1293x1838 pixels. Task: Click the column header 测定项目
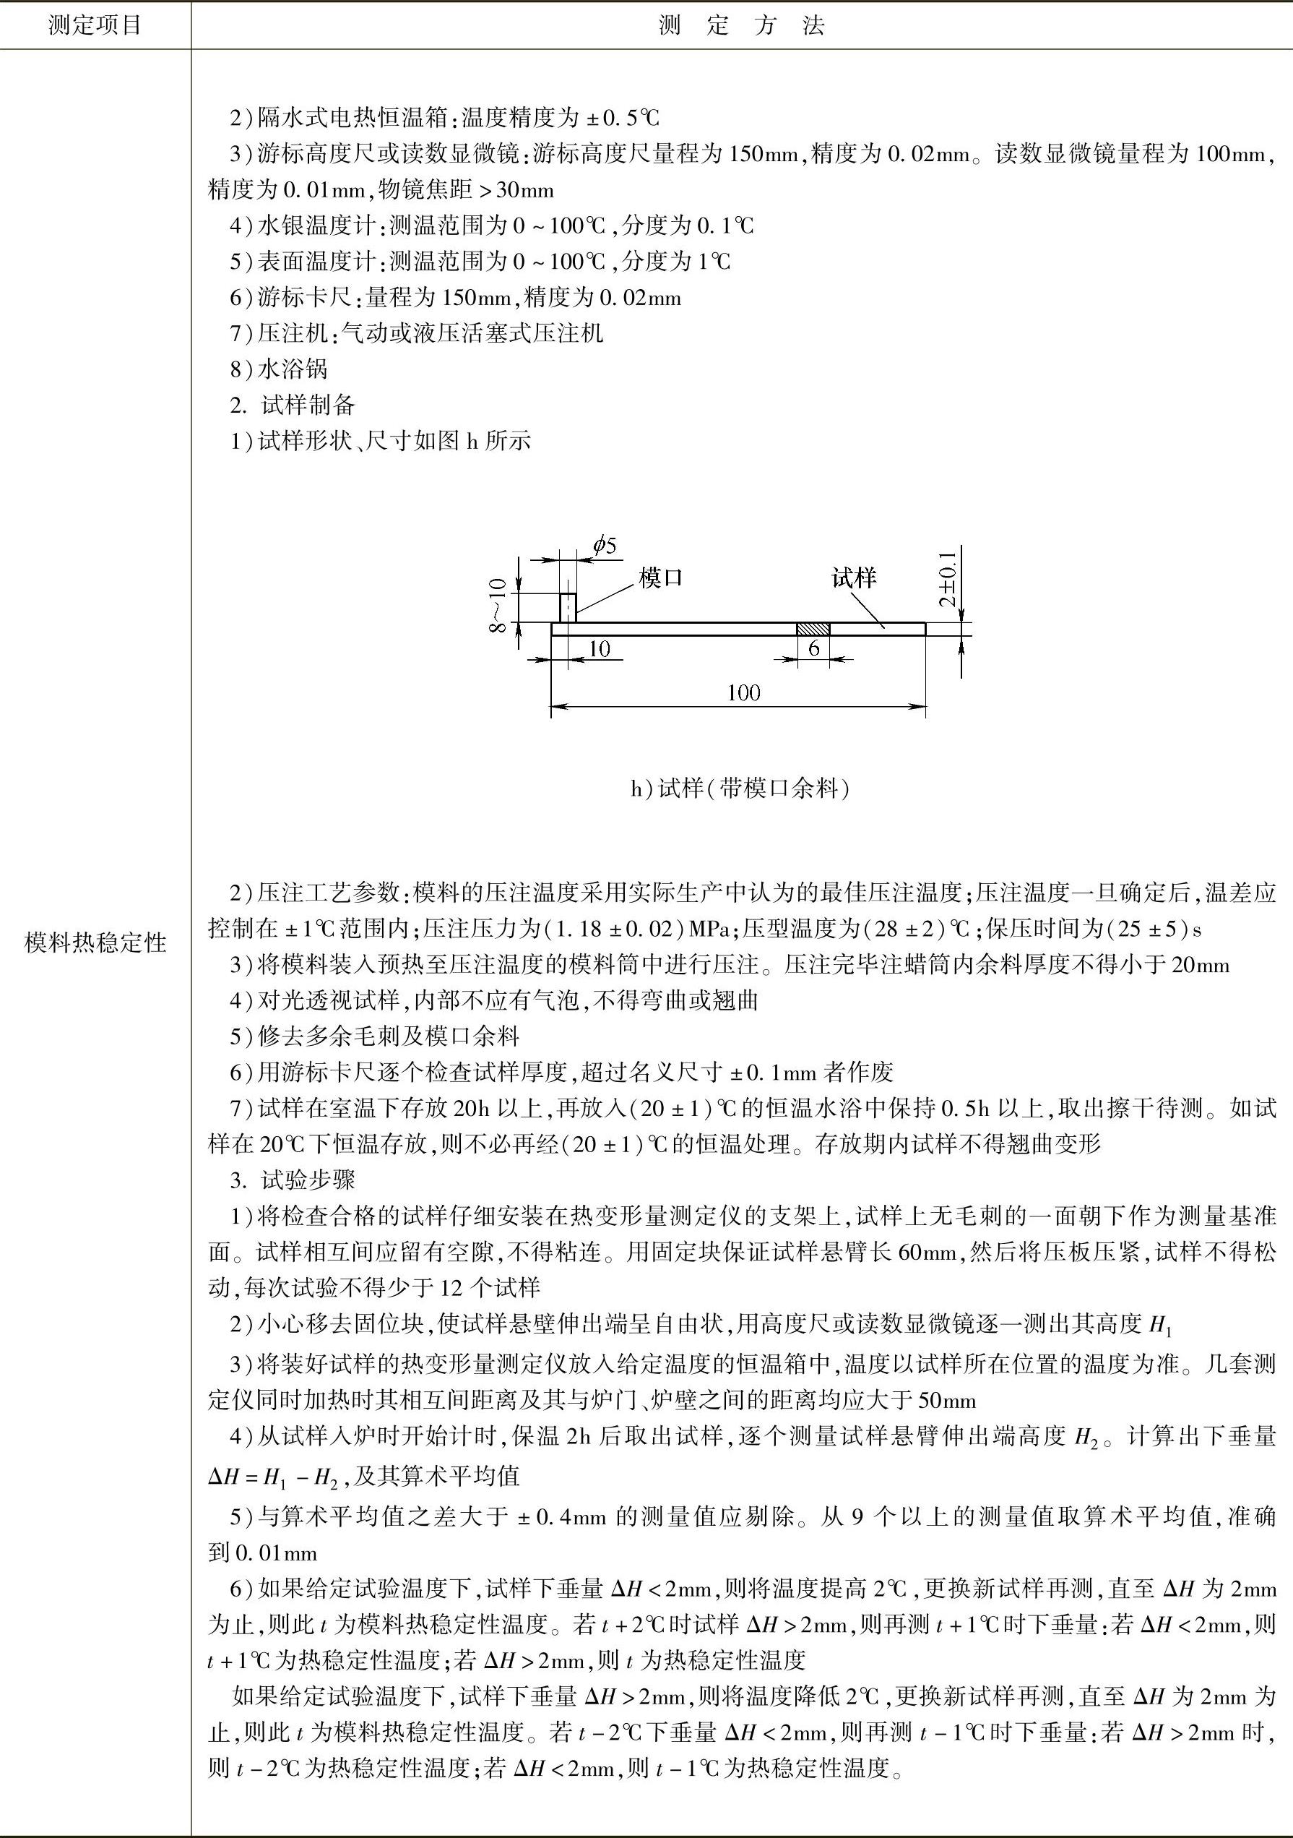pyautogui.click(x=95, y=25)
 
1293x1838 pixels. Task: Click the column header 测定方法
pyautogui.click(x=741, y=25)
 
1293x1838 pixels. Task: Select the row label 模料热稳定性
pyautogui.click(x=95, y=944)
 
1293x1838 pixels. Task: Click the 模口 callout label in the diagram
pyautogui.click(x=661, y=578)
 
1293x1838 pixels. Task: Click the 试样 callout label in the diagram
pyautogui.click(x=854, y=578)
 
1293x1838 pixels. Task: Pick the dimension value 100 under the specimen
pyautogui.click(x=743, y=693)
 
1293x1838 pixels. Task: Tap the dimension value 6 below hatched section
pyautogui.click(x=814, y=648)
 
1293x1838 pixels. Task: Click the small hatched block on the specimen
pyautogui.click(x=813, y=630)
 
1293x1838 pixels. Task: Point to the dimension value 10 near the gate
pyautogui.click(x=600, y=648)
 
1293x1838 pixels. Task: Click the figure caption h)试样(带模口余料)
pyautogui.click(x=740, y=789)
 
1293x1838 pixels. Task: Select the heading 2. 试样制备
pyautogui.click(x=293, y=405)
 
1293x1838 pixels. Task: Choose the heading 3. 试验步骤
pyautogui.click(x=293, y=1180)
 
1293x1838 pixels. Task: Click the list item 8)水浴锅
pyautogui.click(x=280, y=369)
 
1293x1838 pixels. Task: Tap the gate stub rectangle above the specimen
pyautogui.click(x=567, y=607)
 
